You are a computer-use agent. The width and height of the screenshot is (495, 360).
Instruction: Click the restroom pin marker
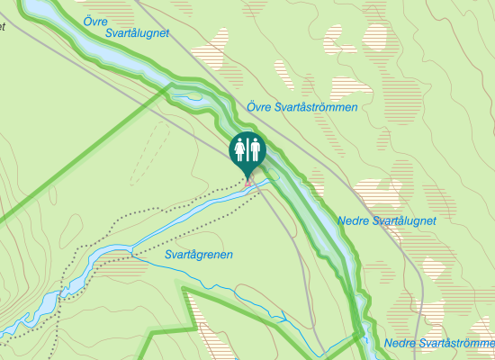click(247, 150)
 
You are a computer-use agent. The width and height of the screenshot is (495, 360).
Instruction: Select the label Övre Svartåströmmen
click(302, 107)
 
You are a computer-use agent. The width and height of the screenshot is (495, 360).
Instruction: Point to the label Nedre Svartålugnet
click(387, 220)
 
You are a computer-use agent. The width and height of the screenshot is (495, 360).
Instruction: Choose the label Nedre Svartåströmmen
click(438, 344)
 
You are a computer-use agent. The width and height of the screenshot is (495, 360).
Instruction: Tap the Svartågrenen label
click(199, 255)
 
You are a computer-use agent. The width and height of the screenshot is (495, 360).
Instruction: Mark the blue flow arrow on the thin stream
click(283, 318)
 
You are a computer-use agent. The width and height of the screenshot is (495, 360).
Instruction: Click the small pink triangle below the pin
click(249, 184)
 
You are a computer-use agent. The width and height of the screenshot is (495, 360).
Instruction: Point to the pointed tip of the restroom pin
click(247, 177)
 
